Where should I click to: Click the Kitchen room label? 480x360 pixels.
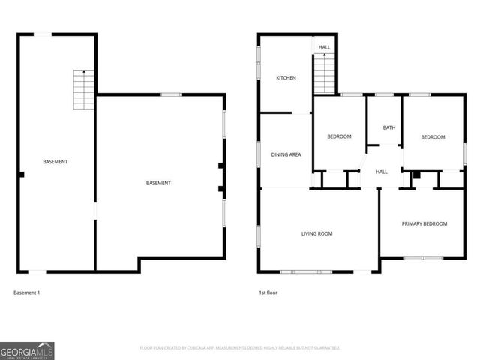click(x=286, y=78)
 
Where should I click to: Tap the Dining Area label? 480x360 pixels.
click(x=286, y=154)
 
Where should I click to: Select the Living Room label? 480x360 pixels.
click(x=316, y=233)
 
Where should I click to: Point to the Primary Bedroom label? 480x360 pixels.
click(x=424, y=223)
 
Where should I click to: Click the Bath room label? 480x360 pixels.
click(x=388, y=127)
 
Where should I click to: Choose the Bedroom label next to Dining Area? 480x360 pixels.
click(x=339, y=136)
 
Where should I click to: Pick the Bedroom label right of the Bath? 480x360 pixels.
click(x=433, y=137)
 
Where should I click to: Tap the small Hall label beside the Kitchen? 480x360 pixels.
click(x=324, y=47)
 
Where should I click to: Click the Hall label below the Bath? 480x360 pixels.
click(x=381, y=172)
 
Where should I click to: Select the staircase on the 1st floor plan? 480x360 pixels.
click(x=323, y=73)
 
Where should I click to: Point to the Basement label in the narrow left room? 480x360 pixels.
click(x=55, y=162)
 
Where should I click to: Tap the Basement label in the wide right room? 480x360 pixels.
click(x=158, y=183)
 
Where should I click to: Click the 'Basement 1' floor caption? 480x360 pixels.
click(x=27, y=292)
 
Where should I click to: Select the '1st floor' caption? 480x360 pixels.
click(x=268, y=292)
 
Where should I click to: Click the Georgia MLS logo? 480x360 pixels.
click(x=27, y=350)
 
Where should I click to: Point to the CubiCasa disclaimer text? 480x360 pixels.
click(x=240, y=347)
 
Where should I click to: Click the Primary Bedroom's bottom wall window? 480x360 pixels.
click(x=423, y=258)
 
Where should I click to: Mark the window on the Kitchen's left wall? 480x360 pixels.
click(x=259, y=63)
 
